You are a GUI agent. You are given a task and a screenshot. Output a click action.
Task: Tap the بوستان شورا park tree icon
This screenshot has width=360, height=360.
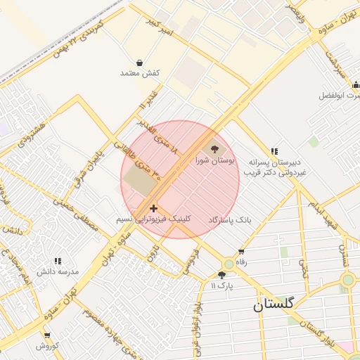214,149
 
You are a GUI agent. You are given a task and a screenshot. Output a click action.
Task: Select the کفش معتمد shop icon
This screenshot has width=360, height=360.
140,62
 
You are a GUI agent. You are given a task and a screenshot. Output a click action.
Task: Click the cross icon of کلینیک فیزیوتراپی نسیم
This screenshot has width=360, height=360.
153,208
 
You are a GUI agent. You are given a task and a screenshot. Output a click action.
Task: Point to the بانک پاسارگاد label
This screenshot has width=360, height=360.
229,221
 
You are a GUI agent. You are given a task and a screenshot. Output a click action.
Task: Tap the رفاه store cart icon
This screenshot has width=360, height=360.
242,251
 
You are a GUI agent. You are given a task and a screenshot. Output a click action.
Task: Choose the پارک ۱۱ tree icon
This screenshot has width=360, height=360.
223,275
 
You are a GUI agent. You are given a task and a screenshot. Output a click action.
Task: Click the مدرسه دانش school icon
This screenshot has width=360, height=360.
57,260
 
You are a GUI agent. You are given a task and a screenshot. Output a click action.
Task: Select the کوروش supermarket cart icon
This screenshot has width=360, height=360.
47,335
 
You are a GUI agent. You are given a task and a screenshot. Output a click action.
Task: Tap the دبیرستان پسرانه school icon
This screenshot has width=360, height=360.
274,150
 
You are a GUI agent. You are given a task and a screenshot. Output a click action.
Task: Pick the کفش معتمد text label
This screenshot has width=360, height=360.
140,73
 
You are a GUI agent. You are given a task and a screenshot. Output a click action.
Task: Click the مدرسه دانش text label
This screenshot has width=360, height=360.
58,271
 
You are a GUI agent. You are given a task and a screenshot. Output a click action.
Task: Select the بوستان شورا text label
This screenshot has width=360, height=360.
214,161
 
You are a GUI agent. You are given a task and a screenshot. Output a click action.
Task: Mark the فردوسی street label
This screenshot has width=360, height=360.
191,262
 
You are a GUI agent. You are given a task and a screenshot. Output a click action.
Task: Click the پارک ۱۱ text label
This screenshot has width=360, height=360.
223,286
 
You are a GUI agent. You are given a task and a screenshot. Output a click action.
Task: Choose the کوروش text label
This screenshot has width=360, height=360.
47,346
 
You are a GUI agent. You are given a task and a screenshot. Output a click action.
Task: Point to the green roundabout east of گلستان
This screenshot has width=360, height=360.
347,280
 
